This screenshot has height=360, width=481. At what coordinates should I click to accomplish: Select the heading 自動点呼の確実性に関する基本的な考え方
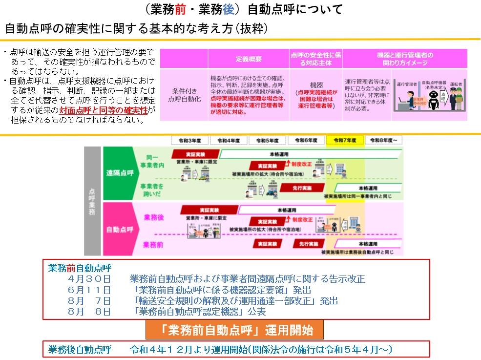click(137, 28)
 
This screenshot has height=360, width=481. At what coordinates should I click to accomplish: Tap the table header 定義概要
click(249, 59)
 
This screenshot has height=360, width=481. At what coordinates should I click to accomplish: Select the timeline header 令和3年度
click(190, 140)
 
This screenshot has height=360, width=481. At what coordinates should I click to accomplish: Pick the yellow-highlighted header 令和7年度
click(345, 140)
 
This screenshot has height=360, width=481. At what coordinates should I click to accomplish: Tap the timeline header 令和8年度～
click(384, 140)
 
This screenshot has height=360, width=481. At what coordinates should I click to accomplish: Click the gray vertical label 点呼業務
click(92, 201)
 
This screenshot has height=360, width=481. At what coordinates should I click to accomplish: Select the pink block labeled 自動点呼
click(119, 229)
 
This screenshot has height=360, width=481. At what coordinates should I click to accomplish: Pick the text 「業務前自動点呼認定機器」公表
click(200, 311)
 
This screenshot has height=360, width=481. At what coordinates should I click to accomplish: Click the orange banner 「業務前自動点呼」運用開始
click(235, 330)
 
